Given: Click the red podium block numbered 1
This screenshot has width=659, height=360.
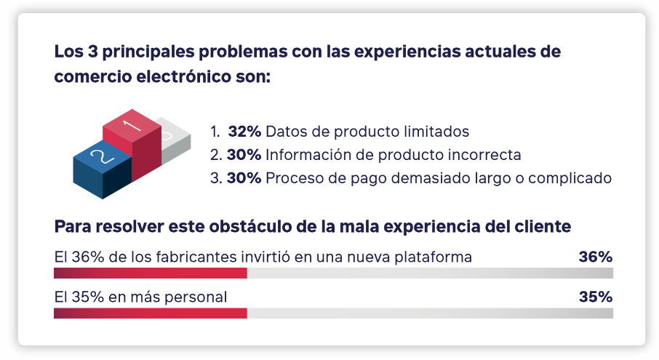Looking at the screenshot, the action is (132, 143).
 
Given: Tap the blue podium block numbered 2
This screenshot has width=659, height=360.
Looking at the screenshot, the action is (102, 170).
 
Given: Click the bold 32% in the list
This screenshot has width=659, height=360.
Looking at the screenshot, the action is (244, 132).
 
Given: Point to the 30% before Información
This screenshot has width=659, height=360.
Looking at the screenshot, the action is (244, 155).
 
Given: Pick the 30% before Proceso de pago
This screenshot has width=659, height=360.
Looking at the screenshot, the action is (244, 178).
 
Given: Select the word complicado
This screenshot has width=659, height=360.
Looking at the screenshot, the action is (570, 178).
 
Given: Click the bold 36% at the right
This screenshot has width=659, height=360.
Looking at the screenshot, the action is (596, 257).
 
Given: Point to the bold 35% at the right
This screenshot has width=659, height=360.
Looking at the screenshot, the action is (596, 297).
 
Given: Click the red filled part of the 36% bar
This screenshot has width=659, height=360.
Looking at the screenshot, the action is (151, 273).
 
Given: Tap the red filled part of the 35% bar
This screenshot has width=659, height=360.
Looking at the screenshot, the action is (151, 313).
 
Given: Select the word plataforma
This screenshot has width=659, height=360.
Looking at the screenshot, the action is (433, 257).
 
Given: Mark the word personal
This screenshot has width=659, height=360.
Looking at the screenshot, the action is (196, 297).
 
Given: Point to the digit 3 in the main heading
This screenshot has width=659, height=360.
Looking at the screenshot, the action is (92, 52).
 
